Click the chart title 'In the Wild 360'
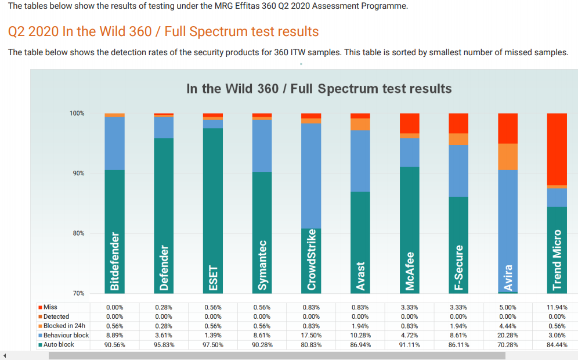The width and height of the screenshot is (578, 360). pos(319,89)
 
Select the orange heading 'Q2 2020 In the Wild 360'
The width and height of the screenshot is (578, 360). pos(163,31)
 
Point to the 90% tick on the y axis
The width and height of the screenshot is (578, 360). pos(78,174)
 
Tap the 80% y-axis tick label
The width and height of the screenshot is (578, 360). pos(78,233)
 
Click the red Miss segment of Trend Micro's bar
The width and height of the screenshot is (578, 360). pos(557,149)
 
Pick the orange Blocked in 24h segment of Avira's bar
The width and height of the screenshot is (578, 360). pos(508,157)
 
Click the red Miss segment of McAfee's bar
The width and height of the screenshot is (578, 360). pos(410,123)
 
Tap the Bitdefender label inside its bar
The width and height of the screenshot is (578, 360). pos(115,261)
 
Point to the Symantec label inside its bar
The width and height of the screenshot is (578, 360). pos(262,265)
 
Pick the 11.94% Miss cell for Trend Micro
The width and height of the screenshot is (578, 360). pos(557,307)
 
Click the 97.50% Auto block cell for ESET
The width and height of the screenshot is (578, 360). pos(213,344)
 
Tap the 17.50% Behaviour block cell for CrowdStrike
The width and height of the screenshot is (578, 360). pos(311,335)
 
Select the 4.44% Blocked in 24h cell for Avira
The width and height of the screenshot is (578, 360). pos(508,326)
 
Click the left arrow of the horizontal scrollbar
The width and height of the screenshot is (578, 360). pos(5,355)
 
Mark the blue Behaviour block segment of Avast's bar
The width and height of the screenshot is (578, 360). pos(360,161)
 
